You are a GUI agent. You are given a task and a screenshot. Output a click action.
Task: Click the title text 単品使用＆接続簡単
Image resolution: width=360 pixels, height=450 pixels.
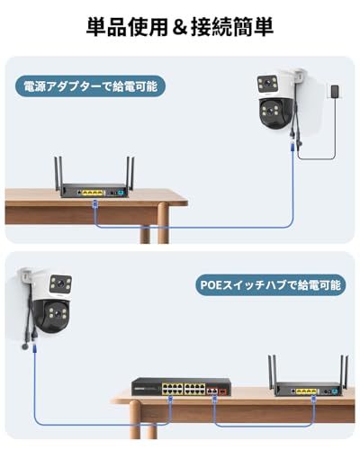pyautogui.click(x=179, y=26)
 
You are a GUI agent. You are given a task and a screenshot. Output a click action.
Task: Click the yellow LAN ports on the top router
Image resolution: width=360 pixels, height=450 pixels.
pyautogui.click(x=92, y=192)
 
